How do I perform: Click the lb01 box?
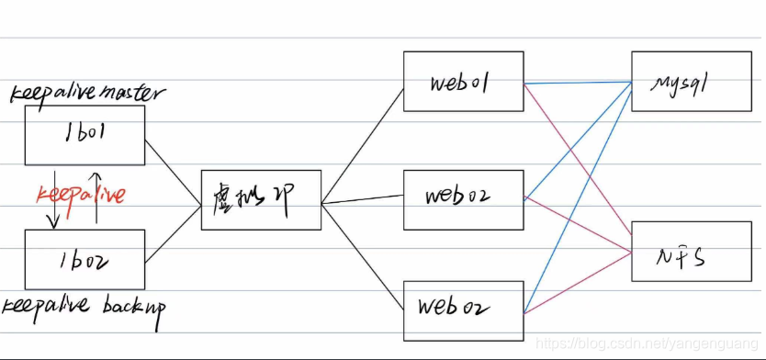click(84, 135)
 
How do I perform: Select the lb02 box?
click(84, 259)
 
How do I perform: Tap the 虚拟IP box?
click(261, 199)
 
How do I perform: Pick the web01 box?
click(463, 82)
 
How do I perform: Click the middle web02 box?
click(463, 198)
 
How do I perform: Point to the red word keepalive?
click(80, 195)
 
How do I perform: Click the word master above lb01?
click(133, 92)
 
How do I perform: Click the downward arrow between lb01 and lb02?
click(53, 198)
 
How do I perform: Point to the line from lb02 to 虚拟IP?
click(174, 233)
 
